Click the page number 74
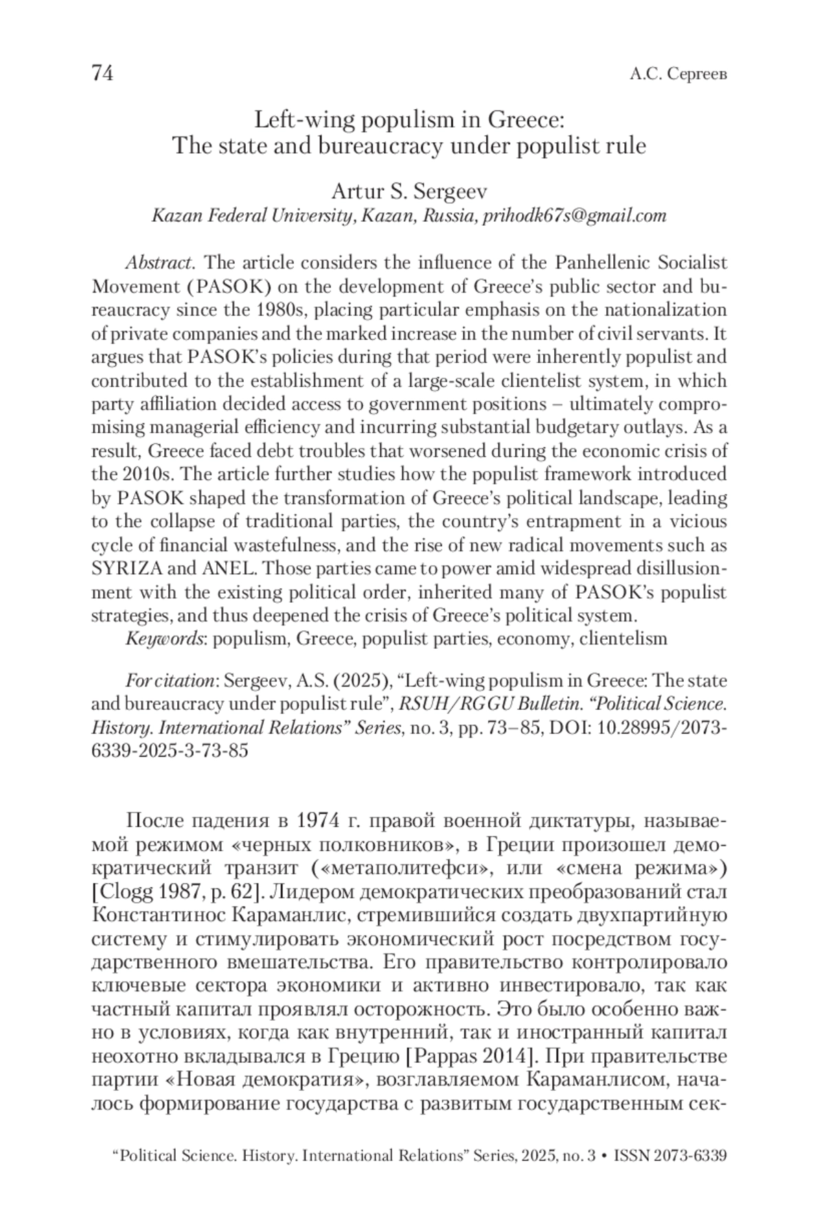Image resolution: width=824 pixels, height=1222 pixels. tap(102, 73)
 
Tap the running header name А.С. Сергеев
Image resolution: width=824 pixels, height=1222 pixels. tap(678, 74)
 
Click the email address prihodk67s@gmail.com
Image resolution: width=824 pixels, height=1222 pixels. tap(575, 216)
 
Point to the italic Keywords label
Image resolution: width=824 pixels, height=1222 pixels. tap(165, 638)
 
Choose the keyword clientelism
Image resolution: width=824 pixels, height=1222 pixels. tap(623, 638)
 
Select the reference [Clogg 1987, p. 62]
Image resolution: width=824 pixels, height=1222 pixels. tap(178, 891)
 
